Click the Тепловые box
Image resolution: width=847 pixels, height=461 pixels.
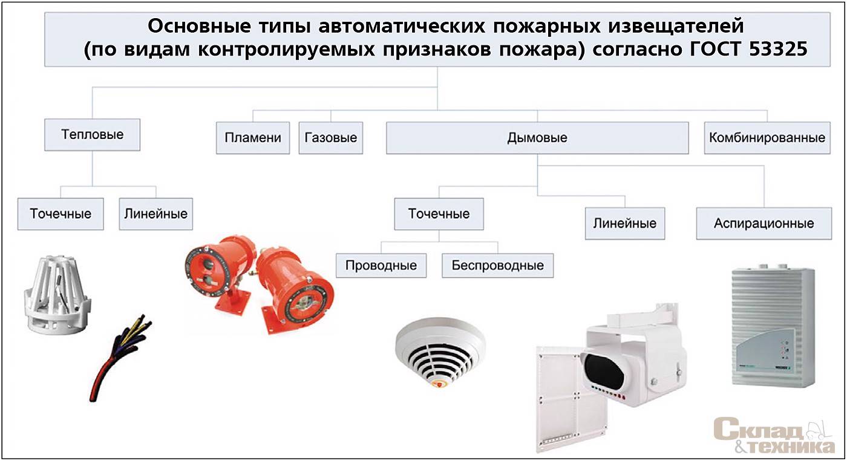click(92, 135)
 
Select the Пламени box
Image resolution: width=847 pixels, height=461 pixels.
click(253, 137)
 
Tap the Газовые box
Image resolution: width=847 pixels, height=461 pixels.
click(330, 137)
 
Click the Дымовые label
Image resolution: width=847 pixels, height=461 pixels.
click(537, 137)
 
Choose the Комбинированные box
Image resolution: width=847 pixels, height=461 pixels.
click(767, 137)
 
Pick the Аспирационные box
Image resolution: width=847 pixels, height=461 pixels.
click(764, 223)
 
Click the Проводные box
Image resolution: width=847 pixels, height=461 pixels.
click(381, 265)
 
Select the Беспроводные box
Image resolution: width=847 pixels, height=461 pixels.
click(497, 265)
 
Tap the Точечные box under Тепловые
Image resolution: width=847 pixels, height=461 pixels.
click(60, 214)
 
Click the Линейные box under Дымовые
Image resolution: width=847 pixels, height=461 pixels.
click(624, 223)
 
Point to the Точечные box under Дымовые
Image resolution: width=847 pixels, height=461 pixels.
click(439, 214)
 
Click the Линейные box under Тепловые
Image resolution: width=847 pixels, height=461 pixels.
click(156, 214)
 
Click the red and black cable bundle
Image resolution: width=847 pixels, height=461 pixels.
click(120, 358)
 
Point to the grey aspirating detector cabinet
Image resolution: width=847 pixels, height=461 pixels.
click(773, 327)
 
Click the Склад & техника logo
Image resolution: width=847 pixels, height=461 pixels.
click(774, 435)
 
